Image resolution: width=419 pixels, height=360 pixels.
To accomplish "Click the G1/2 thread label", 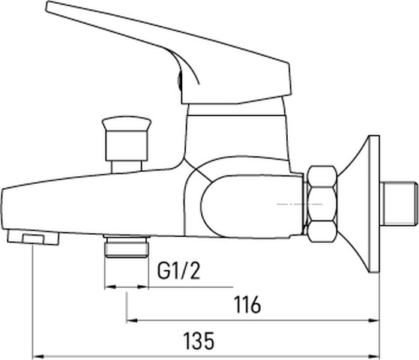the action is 178,271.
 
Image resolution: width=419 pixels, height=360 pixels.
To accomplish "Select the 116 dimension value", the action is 247,304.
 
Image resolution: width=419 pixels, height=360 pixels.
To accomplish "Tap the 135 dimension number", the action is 199,340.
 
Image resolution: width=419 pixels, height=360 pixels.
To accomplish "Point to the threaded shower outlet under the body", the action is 127,246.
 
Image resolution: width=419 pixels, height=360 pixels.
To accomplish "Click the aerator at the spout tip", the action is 33,238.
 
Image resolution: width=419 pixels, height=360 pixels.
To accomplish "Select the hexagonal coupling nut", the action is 322,204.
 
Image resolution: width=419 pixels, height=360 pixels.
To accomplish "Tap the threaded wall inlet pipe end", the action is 399,203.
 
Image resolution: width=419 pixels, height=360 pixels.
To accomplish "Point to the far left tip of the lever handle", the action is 46,7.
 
